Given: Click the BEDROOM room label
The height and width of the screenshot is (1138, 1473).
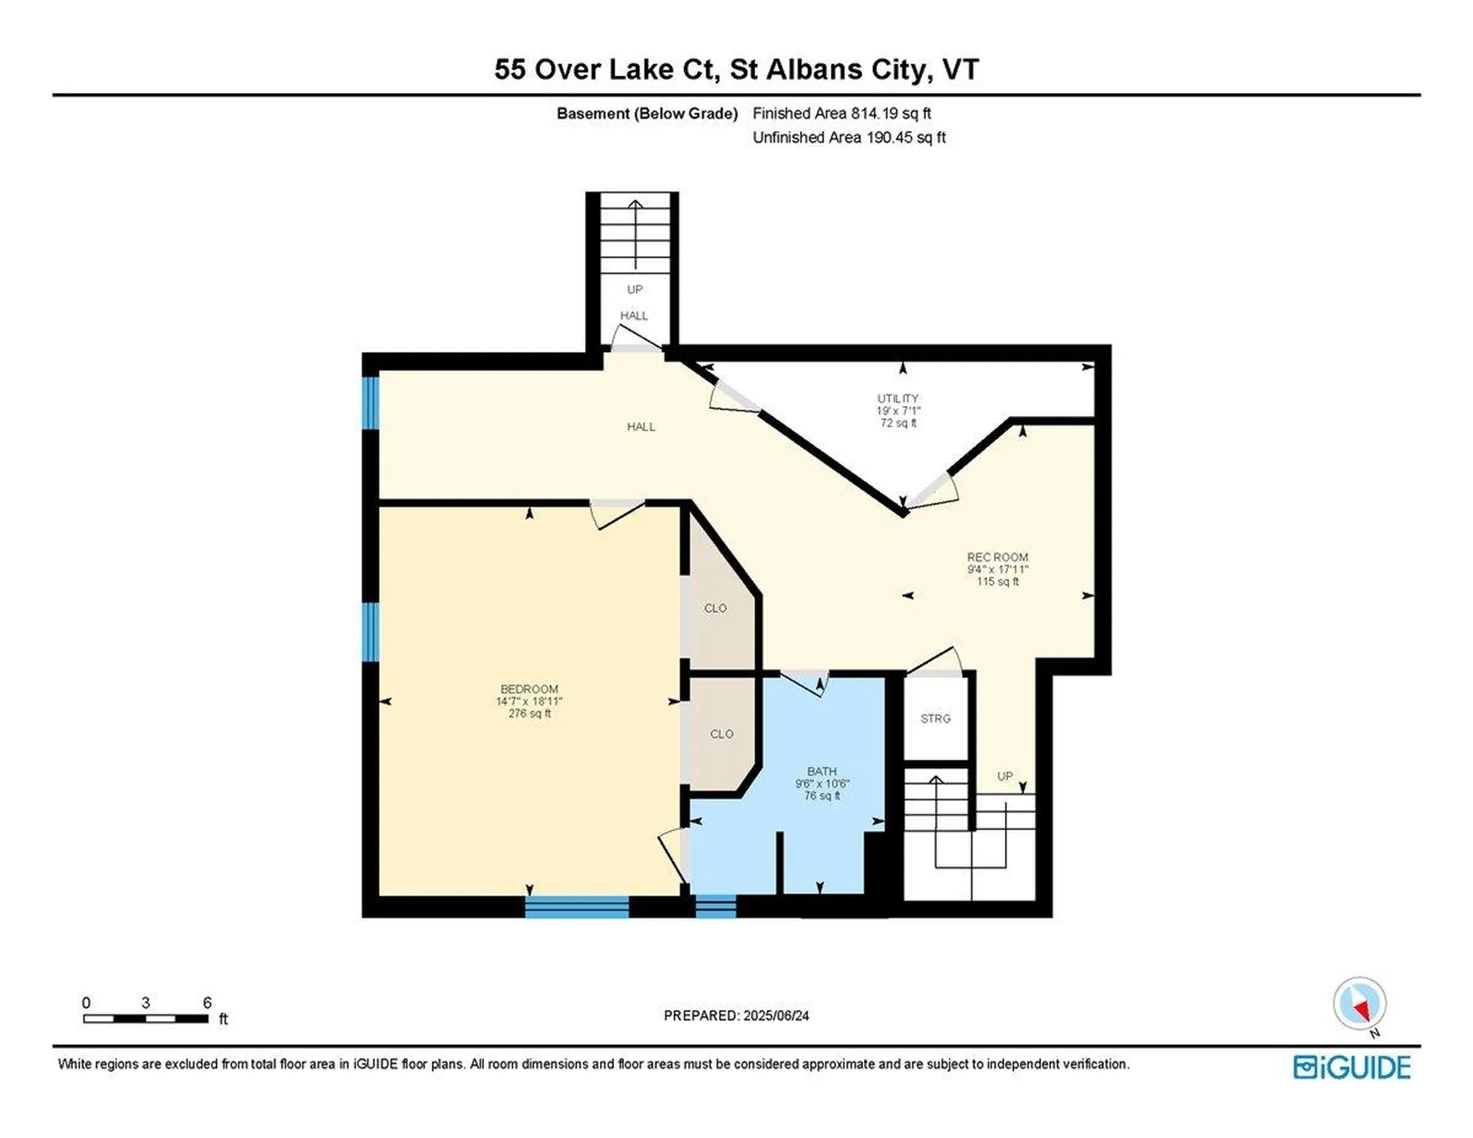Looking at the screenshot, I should [529, 689].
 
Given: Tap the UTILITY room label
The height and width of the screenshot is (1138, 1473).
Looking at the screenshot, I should [898, 398].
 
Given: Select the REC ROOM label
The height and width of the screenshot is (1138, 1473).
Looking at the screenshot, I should [997, 557].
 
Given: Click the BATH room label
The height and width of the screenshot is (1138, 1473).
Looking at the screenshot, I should [822, 771].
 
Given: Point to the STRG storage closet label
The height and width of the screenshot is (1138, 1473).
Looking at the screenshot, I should [935, 718].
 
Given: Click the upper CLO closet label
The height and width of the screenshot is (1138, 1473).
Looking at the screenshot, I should [715, 608].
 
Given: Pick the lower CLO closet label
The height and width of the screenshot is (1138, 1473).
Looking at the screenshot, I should [721, 734].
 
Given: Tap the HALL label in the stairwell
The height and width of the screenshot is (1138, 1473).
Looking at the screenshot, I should [634, 315].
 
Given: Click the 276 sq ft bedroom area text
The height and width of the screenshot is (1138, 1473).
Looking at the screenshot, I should [529, 714].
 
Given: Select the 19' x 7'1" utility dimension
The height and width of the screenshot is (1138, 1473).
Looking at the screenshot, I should [898, 411].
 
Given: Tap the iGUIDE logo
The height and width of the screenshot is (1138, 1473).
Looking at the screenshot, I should [1351, 1067].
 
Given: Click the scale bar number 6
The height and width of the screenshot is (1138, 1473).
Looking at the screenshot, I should [207, 1002].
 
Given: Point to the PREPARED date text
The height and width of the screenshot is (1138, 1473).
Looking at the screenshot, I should [736, 1015].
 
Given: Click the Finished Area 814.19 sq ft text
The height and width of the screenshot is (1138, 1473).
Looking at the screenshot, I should [842, 114].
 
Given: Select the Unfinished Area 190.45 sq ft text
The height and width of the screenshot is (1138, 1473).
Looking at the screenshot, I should [849, 137].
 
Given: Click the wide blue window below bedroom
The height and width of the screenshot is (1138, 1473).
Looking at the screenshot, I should [577, 907].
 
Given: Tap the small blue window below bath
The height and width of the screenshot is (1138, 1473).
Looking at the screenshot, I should [715, 907].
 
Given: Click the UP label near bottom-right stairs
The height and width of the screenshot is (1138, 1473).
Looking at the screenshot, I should [1004, 776].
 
